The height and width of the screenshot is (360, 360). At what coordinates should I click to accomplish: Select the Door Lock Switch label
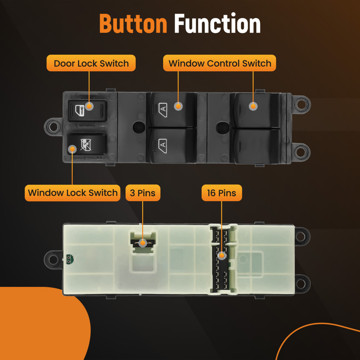coord(91,63)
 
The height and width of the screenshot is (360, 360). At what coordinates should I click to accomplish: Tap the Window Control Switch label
coord(220,63)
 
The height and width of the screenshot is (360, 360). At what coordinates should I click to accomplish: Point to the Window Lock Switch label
coord(73,193)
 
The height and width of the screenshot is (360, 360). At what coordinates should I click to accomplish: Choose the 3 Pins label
coord(143,193)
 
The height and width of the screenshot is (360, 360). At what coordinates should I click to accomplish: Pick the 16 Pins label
coord(221,193)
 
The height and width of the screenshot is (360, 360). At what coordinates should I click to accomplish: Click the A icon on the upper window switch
coord(163,108)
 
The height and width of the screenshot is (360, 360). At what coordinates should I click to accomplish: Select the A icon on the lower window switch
coord(163,145)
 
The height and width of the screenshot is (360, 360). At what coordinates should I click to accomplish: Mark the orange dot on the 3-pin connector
coord(143,243)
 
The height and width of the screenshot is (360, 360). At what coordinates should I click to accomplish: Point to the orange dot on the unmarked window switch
coord(253,106)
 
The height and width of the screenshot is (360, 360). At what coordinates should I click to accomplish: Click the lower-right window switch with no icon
coord(256,146)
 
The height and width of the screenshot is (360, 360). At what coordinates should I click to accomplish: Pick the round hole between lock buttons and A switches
coord(137,127)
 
